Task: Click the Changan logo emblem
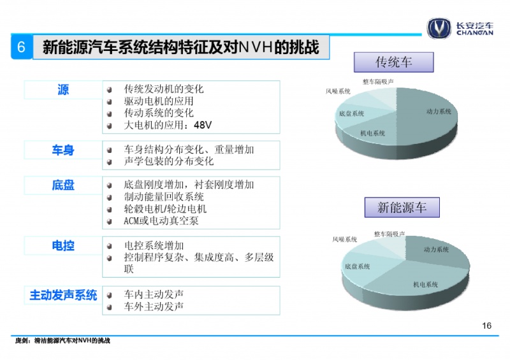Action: coord(439,28)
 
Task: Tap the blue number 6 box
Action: coord(22,47)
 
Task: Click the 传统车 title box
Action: coord(393,62)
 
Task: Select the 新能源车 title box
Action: coord(402,207)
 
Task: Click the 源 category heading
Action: coord(63,89)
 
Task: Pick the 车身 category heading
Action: coord(63,150)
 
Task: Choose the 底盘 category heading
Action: coord(63,185)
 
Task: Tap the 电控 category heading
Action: coord(63,245)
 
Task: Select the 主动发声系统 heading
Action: coord(63,295)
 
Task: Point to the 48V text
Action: coord(203,125)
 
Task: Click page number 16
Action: coord(486,326)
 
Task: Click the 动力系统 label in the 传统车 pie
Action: coord(439,112)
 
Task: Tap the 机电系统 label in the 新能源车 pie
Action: coord(425,285)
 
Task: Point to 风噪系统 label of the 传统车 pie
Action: coord(338,91)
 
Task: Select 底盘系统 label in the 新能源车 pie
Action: coord(357,267)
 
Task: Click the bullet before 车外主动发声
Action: coord(110,306)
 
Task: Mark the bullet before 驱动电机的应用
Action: coord(110,102)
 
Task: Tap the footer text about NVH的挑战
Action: coord(62,340)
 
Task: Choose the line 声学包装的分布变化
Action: coord(168,161)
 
